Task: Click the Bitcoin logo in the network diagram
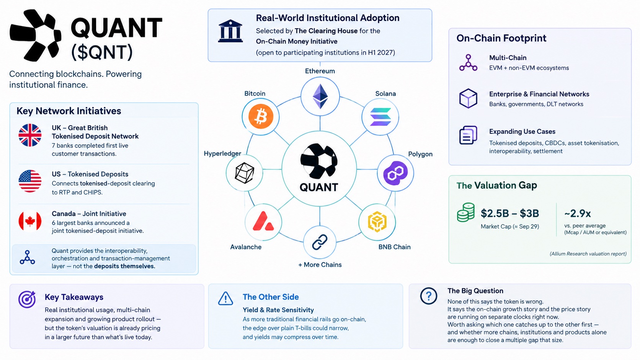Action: click(261, 116)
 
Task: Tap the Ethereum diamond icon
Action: click(320, 96)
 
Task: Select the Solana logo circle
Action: click(380, 117)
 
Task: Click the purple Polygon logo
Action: click(395, 173)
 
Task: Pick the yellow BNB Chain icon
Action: click(377, 222)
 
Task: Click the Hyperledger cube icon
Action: click(244, 173)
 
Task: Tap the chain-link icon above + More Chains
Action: click(320, 242)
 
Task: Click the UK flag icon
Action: click(30, 135)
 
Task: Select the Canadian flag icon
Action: click(30, 221)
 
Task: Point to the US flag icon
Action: click(30, 181)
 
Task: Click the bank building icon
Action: click(230, 31)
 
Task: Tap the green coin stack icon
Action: click(466, 212)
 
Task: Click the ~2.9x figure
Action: click(578, 213)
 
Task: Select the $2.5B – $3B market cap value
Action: click(510, 213)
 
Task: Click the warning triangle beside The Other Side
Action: click(225, 298)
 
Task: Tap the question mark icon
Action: click(429, 296)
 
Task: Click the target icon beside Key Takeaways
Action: click(27, 299)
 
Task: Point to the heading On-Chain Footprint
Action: click(501, 38)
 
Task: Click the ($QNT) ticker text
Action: click(102, 52)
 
